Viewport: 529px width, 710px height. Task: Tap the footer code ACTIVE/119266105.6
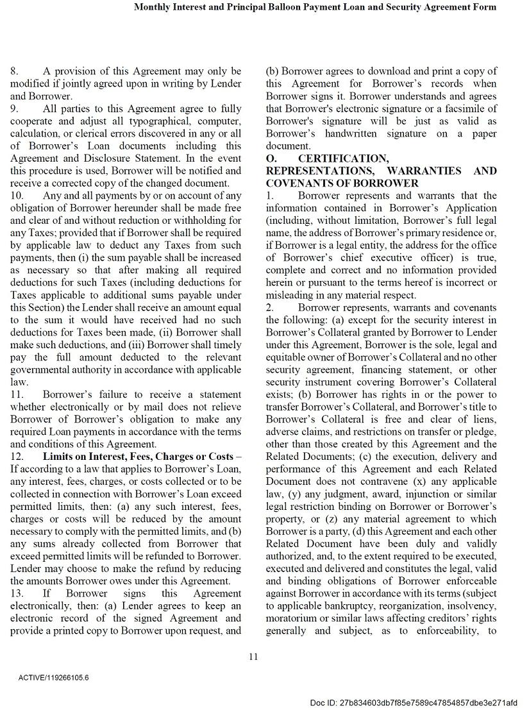[54, 677]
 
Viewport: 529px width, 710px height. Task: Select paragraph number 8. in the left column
[14, 71]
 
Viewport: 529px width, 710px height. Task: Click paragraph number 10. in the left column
[17, 196]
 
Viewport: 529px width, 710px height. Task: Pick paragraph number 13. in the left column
[17, 594]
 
